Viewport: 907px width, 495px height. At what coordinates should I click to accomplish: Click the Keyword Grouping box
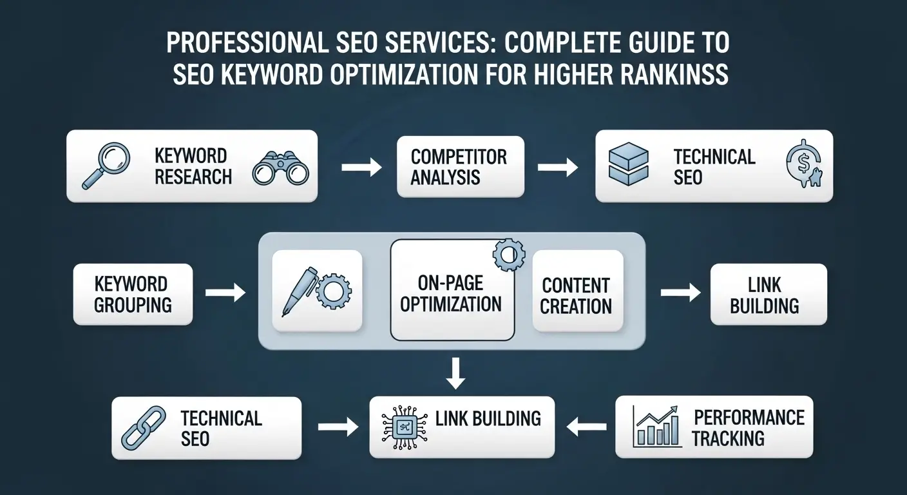133,294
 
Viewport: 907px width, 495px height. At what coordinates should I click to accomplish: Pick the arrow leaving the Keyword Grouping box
225,294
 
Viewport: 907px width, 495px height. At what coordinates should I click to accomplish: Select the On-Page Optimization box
452,294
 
